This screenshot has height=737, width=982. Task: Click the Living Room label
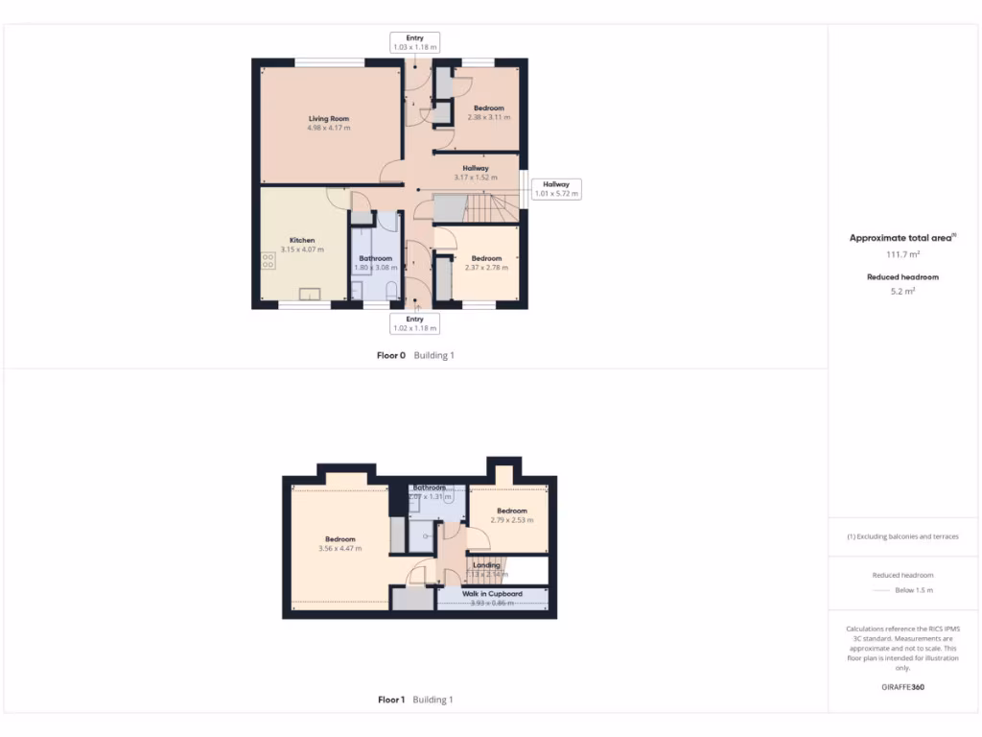point(328,123)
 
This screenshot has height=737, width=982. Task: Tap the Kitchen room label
point(302,245)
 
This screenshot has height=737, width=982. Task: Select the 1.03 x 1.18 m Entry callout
point(414,42)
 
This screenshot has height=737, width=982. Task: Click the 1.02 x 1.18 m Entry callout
point(414,323)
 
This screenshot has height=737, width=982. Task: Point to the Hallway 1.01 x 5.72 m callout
point(555,189)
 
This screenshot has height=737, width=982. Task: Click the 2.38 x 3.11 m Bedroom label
point(488,112)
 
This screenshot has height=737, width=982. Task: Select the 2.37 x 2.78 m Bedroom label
point(486,262)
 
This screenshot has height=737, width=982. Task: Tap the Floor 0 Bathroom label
point(375,262)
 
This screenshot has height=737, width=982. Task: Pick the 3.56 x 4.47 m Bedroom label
point(339,543)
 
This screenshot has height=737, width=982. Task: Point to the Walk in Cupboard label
point(492,598)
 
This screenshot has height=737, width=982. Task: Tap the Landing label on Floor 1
point(486,569)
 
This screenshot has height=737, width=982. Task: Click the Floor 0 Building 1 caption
point(415,355)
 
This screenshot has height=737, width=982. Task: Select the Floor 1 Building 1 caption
point(415,700)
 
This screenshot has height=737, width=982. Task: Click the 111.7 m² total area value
point(901,254)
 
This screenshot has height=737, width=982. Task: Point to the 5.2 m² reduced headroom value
point(901,291)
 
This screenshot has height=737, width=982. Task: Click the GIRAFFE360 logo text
point(902,687)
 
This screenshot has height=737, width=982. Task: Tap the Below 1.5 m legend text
point(913,590)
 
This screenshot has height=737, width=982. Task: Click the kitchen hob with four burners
point(268,261)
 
